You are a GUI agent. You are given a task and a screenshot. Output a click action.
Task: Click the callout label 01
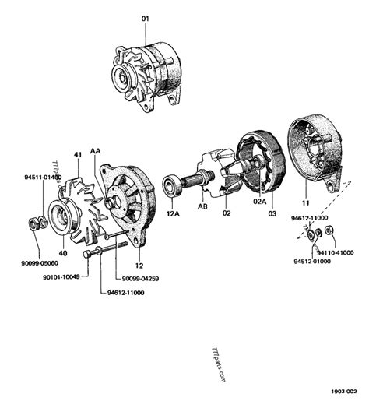(146, 19)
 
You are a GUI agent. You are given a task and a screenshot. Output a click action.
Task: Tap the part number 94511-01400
(43, 177)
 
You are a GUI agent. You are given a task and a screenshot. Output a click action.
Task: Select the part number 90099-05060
(40, 263)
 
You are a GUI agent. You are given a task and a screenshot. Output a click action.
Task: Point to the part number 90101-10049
(61, 277)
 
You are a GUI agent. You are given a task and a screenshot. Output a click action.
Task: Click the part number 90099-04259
(140, 279)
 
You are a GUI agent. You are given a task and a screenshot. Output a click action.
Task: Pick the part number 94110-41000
(336, 252)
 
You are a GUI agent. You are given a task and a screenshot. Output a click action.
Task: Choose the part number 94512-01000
(312, 261)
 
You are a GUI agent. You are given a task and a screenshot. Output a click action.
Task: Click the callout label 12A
(173, 213)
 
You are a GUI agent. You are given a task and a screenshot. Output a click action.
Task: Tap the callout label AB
(202, 206)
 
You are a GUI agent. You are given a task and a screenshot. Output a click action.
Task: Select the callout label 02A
(260, 202)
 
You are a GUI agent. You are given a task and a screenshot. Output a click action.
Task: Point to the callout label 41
(78, 155)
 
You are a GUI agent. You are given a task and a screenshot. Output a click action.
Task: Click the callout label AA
(95, 151)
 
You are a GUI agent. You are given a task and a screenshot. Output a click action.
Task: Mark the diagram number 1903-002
(343, 391)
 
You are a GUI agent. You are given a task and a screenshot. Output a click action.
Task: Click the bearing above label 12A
(172, 185)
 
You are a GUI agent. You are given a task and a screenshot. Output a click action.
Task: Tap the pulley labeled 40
(61, 216)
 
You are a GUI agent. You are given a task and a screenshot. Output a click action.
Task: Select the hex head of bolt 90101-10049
(87, 254)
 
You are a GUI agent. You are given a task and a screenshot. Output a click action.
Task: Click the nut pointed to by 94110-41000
(329, 230)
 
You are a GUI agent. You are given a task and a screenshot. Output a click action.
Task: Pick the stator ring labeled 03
(270, 164)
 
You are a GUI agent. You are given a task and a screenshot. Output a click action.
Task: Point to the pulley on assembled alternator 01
(121, 77)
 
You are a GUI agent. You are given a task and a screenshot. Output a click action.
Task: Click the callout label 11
(306, 202)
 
